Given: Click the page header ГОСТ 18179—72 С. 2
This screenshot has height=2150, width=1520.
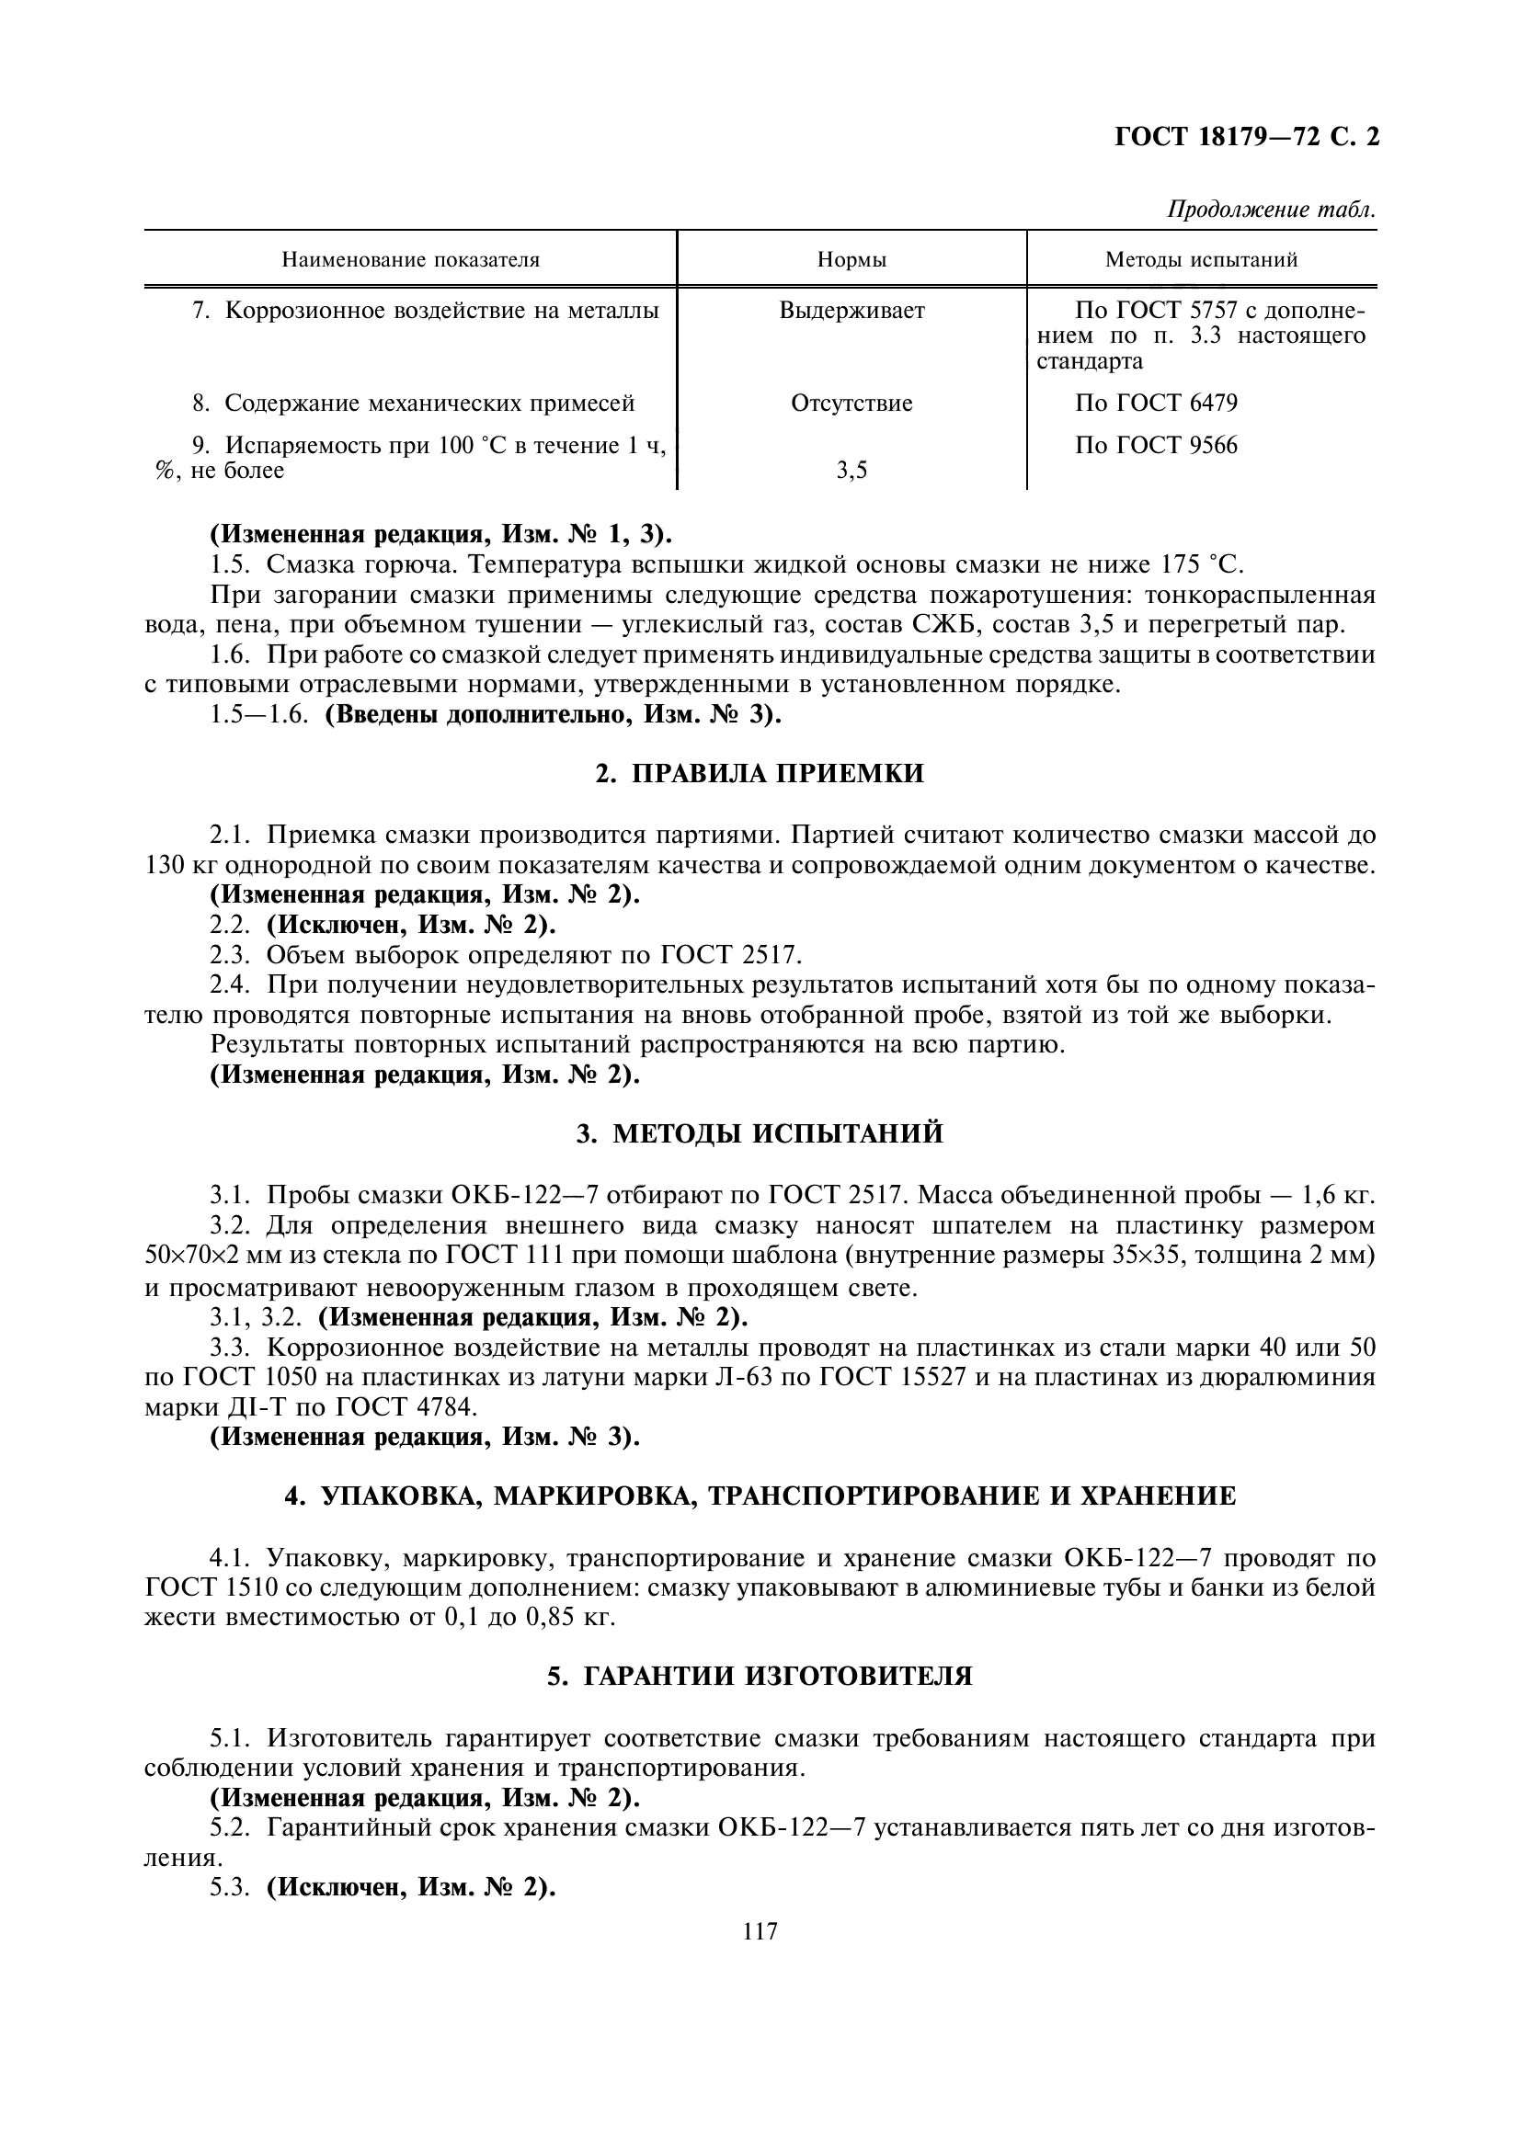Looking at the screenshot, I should [1247, 138].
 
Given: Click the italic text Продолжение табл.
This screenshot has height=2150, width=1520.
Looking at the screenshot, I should [1270, 210].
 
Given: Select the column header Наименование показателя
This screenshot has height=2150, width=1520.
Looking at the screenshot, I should [410, 259].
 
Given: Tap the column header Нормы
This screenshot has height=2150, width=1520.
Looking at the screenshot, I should [851, 259].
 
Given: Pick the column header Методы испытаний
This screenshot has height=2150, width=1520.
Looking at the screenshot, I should [1201, 259].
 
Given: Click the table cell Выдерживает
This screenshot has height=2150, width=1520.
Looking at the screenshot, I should [851, 310].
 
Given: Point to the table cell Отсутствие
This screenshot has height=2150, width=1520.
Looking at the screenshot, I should [851, 403].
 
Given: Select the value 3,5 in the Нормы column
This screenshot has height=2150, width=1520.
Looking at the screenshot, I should [851, 471].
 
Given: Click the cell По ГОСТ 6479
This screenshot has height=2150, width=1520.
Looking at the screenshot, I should [1156, 403].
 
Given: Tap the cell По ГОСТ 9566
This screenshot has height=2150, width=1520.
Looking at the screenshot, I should [1156, 445].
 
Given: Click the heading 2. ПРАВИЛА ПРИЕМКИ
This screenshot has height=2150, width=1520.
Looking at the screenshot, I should [760, 773].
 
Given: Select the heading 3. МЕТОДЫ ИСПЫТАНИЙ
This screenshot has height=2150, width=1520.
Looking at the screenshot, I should [760, 1134].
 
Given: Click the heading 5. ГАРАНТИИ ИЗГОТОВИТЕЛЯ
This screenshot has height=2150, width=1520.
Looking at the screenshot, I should [760, 1677].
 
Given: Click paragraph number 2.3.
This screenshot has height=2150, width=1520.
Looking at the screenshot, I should [231, 955].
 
